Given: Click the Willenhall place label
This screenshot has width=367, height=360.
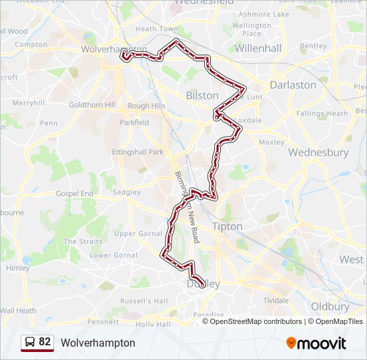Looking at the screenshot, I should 258,48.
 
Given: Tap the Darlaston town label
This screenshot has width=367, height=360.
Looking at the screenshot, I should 292,85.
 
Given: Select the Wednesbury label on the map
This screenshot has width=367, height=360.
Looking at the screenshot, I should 318,152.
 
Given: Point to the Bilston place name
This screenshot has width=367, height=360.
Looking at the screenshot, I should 202,95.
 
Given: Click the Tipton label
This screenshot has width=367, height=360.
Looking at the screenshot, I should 227,226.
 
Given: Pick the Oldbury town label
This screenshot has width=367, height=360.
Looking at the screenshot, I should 330,307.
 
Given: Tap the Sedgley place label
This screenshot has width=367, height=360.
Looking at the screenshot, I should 126,192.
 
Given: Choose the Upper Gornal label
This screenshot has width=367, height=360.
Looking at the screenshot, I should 138,233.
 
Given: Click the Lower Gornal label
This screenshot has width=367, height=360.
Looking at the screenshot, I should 113,255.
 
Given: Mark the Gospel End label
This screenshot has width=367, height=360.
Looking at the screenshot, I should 75,193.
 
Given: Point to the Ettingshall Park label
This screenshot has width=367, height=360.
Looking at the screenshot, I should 137,152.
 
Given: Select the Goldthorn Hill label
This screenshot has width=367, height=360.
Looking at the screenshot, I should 92,105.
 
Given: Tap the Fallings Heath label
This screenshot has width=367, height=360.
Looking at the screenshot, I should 322,113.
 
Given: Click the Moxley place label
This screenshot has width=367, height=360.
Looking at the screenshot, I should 271,142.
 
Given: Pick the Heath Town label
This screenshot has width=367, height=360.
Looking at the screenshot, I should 157,29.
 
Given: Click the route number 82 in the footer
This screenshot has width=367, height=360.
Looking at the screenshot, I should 45,342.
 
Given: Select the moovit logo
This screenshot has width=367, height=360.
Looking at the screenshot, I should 316,343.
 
